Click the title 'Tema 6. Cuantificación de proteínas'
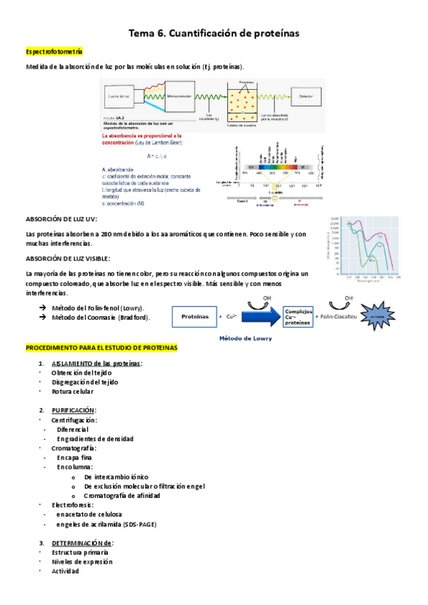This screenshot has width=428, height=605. click(x=214, y=33)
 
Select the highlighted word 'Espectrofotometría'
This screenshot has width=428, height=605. click(x=54, y=52)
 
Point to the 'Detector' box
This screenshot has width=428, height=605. click(x=306, y=95)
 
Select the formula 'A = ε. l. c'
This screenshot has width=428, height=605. click(x=156, y=156)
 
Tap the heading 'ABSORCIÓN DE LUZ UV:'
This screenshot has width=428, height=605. click(x=61, y=220)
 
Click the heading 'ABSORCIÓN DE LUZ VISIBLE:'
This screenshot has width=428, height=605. click(x=68, y=258)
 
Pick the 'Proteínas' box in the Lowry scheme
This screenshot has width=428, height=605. click(x=195, y=315)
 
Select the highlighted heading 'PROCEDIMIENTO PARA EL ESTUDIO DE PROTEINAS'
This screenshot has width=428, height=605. click(x=101, y=347)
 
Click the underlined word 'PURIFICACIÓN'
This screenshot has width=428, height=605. click(x=73, y=410)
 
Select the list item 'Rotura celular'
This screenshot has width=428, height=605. click(x=72, y=391)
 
